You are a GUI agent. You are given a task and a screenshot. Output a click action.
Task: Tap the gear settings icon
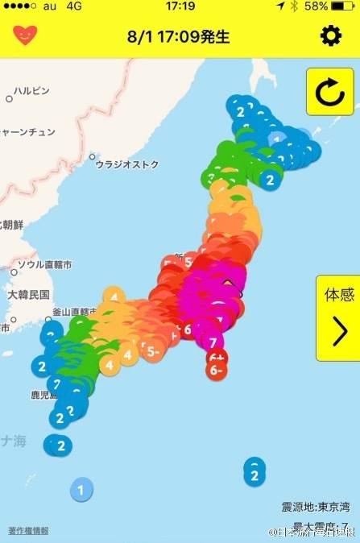pyautogui.click(x=330, y=36)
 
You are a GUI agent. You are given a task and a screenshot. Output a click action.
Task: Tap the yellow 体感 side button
pyautogui.click(x=338, y=318)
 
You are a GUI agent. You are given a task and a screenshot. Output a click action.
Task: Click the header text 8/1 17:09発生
pyautogui.click(x=179, y=37)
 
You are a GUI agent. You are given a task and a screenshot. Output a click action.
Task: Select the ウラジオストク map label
pyautogui.click(x=127, y=164)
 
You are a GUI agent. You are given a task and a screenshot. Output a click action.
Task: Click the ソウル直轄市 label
pyautogui.click(x=44, y=264)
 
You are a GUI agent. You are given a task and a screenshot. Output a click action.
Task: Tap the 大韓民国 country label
pyautogui.click(x=29, y=295)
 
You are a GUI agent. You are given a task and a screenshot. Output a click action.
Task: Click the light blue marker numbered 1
pyautogui.click(x=81, y=488)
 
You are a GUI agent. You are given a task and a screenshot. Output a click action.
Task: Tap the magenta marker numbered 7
pyautogui.click(x=215, y=342)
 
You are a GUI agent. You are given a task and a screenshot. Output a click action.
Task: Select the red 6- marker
pyautogui.click(x=215, y=371)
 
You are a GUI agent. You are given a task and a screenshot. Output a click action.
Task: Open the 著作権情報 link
pyautogui.click(x=28, y=530)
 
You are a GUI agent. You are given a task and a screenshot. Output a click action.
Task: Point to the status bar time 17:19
pyautogui.click(x=180, y=6)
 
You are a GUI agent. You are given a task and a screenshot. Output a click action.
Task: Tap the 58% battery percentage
pyautogui.click(x=316, y=6)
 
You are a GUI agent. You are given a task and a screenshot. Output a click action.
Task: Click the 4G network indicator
pyautogui.click(x=75, y=6)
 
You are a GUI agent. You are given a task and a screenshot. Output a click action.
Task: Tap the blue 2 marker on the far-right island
pyautogui.click(x=254, y=475)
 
